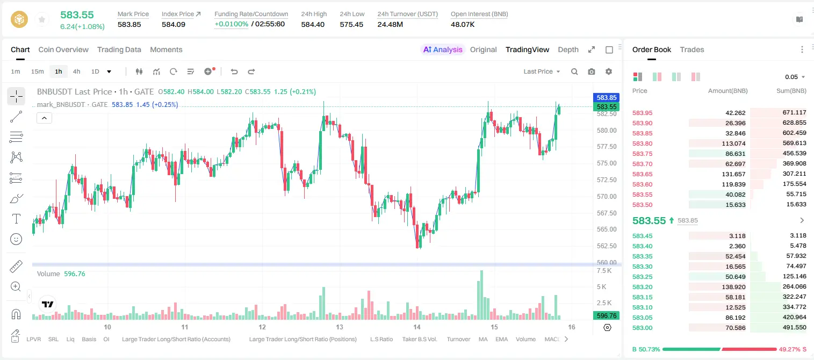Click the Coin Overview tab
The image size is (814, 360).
pos(63,49)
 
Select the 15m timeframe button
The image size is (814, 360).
pos(37,71)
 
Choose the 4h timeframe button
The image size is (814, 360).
pos(76,71)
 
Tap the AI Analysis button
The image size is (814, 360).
pos(443,49)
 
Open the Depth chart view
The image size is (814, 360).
pos(568,49)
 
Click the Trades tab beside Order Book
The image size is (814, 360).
pos(692,49)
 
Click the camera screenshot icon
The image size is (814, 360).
pos(592,71)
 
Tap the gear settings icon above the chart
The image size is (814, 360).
pos(609,71)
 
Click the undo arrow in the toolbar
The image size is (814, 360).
pos(234,71)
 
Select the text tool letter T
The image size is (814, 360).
pos(16,219)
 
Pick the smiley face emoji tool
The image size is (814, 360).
pos(16,239)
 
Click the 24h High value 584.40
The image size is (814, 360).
pos(313,24)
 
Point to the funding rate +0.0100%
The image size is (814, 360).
pos(232,24)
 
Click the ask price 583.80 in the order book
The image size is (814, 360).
pos(642,143)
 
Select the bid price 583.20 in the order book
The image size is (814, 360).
pos(642,287)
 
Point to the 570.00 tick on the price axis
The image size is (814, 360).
pos(607,197)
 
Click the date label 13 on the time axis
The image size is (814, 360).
pos(340,327)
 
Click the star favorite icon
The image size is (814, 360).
pos(42,19)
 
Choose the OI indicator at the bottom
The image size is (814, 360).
pos(106,339)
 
